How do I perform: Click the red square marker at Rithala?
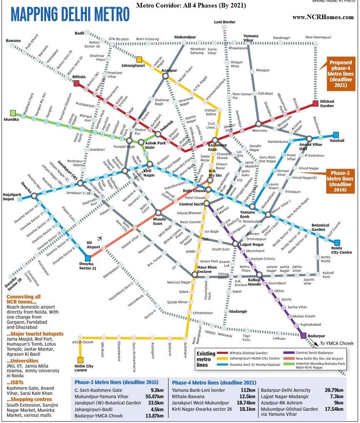[x=77, y=84]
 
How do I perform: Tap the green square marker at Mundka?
[x=13, y=113]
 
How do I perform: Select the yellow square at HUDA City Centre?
[x=80, y=360]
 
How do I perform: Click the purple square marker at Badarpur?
[x=303, y=336]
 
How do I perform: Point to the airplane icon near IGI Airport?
[x=99, y=239]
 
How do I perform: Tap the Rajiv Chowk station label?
[x=192, y=191]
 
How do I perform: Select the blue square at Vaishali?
[x=336, y=134]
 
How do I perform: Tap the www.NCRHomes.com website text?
[x=323, y=17]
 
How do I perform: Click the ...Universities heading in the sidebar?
[x=23, y=361]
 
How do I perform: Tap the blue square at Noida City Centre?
[x=337, y=243]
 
